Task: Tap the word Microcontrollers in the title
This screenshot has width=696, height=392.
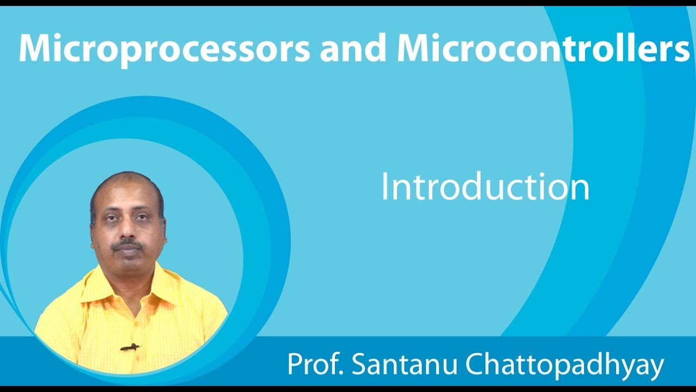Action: pos(543,48)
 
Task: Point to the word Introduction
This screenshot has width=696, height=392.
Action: pos(485,188)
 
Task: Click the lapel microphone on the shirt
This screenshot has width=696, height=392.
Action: pos(129,347)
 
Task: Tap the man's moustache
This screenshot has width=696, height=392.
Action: pos(128,244)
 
